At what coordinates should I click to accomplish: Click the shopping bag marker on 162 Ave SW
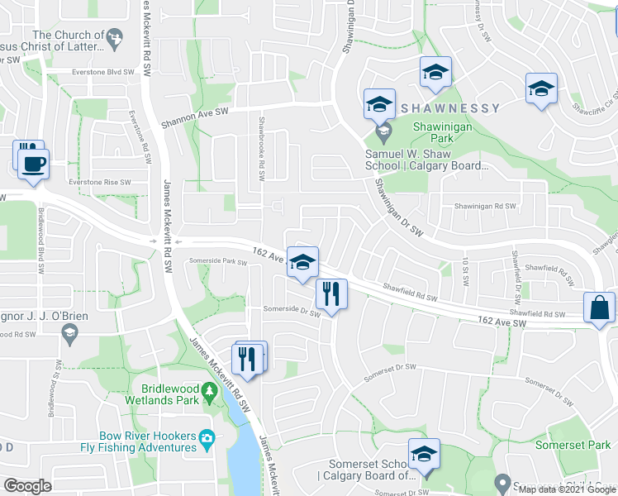click(599, 308)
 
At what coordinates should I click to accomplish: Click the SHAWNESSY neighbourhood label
click(450, 108)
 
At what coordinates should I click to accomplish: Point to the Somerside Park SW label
click(218, 261)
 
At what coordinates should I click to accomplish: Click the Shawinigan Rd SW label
click(484, 206)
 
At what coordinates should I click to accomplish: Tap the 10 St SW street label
click(465, 273)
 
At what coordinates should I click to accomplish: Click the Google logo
click(27, 486)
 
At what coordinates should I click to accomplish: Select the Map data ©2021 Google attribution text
click(567, 489)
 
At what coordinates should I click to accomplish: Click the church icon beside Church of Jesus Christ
click(116, 36)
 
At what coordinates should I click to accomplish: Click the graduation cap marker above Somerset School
click(424, 454)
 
